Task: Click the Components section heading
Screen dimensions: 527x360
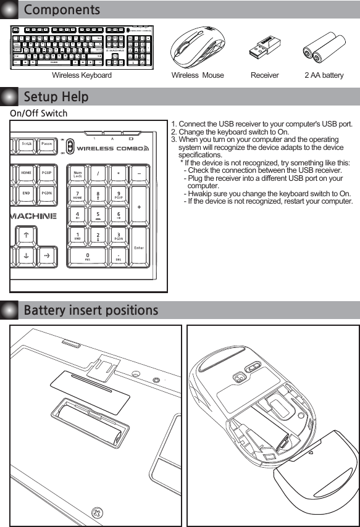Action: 61,10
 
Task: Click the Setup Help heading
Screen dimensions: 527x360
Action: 56,97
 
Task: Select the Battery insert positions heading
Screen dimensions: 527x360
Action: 90,310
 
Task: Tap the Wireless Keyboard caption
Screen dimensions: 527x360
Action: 82,75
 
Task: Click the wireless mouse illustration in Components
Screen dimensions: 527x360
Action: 198,48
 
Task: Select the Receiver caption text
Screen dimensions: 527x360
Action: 264,75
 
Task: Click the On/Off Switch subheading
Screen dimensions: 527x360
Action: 38,114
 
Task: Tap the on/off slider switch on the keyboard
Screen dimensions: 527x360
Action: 70,147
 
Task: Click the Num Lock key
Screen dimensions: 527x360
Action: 78,175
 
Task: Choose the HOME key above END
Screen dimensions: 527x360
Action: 26,175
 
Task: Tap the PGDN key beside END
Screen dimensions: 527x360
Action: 46,194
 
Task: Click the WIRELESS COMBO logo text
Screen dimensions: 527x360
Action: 112,148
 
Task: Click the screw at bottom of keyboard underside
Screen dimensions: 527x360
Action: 96,512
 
